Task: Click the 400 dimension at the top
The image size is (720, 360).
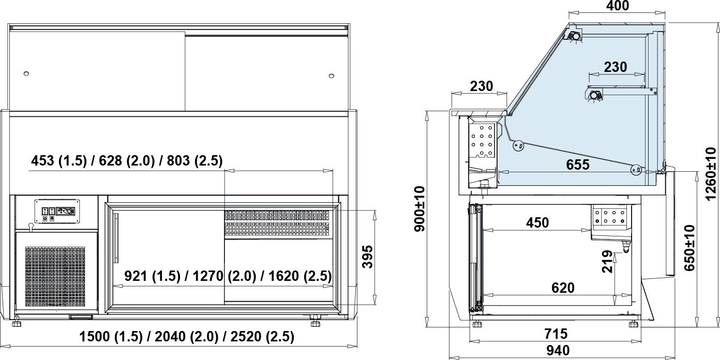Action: point(618,6)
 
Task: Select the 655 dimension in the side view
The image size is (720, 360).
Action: point(578,164)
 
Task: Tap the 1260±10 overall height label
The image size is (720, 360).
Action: point(711,173)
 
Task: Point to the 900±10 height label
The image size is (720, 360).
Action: point(420,208)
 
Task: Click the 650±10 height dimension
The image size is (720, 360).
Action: point(689,248)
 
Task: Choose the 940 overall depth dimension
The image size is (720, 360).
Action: point(558,350)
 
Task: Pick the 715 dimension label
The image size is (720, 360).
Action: point(556,334)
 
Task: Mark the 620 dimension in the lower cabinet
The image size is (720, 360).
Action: point(563,288)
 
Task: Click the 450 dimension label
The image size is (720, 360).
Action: point(537,222)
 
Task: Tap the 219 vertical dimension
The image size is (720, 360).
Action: point(607,262)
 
